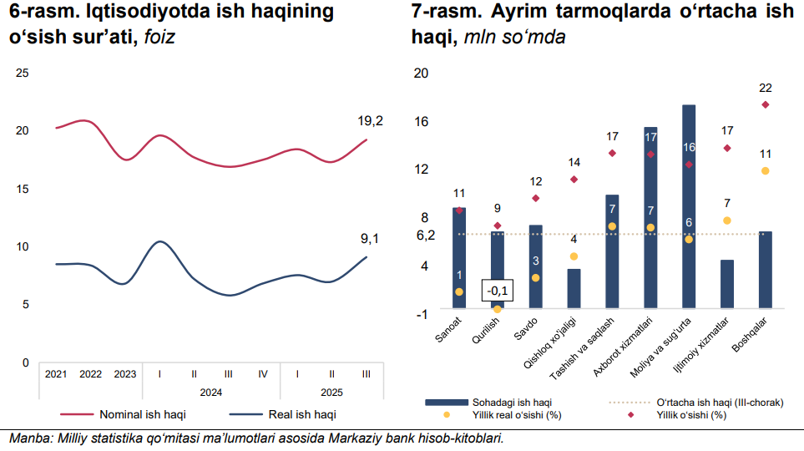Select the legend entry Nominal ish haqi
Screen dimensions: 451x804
coord(143,413)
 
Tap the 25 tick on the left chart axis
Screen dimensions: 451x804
coord(23,73)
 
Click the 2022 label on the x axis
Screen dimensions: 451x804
coord(90,374)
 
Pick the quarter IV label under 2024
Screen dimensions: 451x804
coord(262,374)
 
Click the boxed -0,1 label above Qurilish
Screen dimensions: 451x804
coord(498,291)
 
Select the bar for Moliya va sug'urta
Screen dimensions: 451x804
coord(689,209)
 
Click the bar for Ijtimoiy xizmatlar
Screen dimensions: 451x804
coord(727,285)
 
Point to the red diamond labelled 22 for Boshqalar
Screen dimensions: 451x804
coord(765,104)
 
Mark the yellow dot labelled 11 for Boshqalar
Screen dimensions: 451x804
coord(765,171)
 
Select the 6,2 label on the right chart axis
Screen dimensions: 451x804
coord(425,235)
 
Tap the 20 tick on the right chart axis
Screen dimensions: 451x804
coord(422,73)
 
